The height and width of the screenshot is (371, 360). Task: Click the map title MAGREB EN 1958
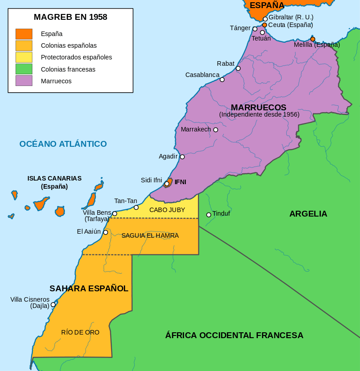click(70, 18)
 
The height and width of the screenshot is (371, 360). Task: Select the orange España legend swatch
click(24, 34)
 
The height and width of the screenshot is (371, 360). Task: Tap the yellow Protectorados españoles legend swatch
click(24, 57)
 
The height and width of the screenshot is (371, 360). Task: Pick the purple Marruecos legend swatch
click(24, 81)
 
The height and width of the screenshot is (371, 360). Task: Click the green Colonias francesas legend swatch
click(24, 69)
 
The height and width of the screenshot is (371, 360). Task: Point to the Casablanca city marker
click(222, 80)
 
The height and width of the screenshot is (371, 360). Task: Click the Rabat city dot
click(238, 68)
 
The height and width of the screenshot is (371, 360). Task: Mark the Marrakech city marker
click(216, 130)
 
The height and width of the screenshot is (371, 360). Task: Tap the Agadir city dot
click(182, 157)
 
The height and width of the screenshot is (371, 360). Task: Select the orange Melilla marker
click(313, 39)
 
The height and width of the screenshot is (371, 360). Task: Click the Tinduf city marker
click(209, 215)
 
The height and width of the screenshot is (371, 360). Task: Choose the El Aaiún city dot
click(106, 232)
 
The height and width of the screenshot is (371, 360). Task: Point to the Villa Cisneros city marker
click(53, 304)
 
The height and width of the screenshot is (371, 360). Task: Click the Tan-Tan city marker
click(136, 208)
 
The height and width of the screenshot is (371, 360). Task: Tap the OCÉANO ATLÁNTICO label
click(63, 144)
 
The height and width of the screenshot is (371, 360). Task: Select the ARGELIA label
click(308, 214)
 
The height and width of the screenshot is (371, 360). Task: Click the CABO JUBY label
click(167, 210)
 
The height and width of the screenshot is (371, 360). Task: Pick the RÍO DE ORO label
click(80, 332)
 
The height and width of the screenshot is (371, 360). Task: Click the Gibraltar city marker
click(265, 19)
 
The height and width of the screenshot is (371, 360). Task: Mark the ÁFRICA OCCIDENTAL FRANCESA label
click(234, 335)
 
